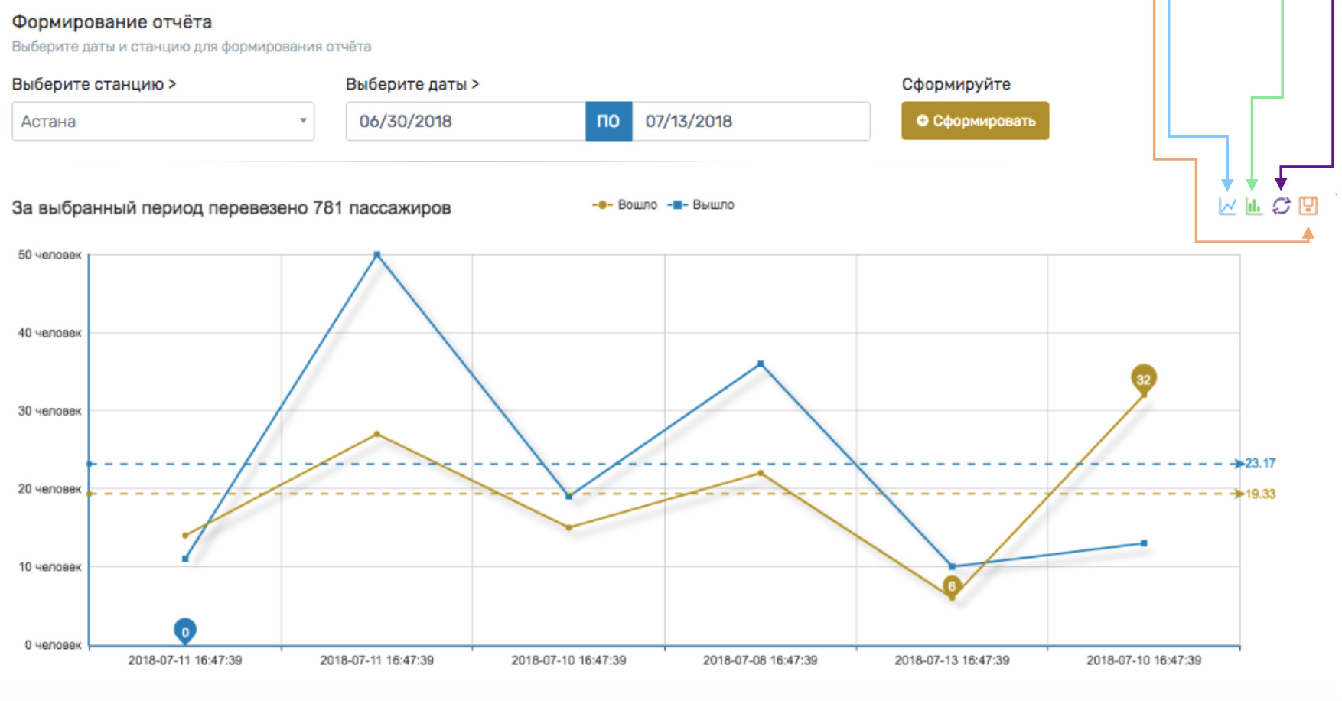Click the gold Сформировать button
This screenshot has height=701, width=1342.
[975, 121]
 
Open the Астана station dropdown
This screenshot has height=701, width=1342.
[163, 122]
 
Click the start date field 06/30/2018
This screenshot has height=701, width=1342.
[465, 122]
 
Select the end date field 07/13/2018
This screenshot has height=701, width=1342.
[750, 122]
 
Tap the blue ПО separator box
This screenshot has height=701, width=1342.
[608, 122]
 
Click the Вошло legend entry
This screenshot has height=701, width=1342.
[625, 205]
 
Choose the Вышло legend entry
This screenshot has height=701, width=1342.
[702, 205]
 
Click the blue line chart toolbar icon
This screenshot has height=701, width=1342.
[1227, 206]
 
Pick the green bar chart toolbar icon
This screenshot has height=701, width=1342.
[1253, 206]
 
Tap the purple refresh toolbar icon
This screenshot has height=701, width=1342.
[1281, 206]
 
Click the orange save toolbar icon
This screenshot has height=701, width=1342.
[1308, 206]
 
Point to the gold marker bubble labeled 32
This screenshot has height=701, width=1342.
[1143, 379]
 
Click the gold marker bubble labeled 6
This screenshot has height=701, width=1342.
[952, 586]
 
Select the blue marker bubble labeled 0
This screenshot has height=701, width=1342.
[185, 631]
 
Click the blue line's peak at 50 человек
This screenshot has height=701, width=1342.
[376, 255]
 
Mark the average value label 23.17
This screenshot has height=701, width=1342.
[1260, 463]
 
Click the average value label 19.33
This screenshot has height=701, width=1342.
[1260, 494]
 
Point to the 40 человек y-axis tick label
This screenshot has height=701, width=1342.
[50, 333]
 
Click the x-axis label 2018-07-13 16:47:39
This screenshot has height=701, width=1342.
[952, 660]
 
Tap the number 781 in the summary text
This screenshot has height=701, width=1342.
[327, 208]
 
